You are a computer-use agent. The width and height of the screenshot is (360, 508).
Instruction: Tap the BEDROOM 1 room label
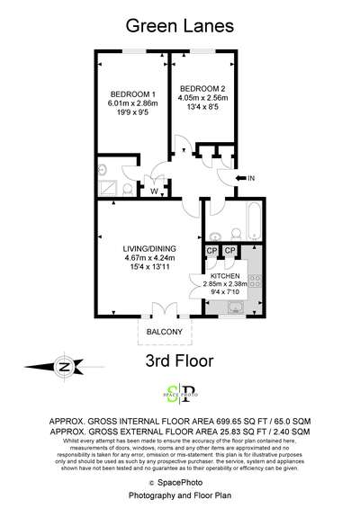click(x=133, y=94)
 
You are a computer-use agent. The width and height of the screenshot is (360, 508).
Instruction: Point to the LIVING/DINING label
click(x=150, y=248)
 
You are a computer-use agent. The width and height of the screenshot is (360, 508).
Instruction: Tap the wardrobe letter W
click(x=155, y=190)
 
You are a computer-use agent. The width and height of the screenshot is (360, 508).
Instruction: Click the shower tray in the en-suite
click(x=110, y=188)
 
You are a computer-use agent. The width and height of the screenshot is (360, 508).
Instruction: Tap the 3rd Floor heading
click(x=180, y=361)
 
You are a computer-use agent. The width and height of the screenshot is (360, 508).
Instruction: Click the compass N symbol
click(x=63, y=367)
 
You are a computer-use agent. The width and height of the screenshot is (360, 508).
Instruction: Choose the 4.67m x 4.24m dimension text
click(x=150, y=258)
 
